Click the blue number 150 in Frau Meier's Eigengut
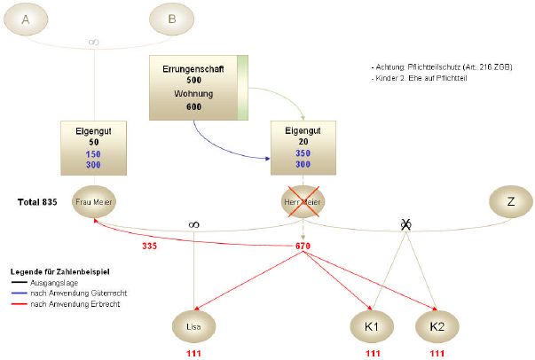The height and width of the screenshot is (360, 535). coord(93,153)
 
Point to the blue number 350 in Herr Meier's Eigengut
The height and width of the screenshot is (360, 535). coord(303,153)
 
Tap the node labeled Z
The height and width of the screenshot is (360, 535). coord(510,202)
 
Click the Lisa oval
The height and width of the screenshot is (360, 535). coord(193,325)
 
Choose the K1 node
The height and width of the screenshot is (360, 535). coord(373,325)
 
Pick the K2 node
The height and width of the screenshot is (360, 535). coord(437,325)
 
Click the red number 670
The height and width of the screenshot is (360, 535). coord(303,246)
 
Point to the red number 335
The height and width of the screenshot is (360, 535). coord(148,246)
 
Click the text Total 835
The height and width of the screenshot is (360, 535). coord(37,202)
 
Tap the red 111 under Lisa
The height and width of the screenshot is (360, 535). coord(193,354)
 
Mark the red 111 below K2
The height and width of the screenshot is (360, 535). coord(437,354)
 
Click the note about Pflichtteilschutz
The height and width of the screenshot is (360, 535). coord(441,67)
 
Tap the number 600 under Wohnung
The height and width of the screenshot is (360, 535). coord(194,106)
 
